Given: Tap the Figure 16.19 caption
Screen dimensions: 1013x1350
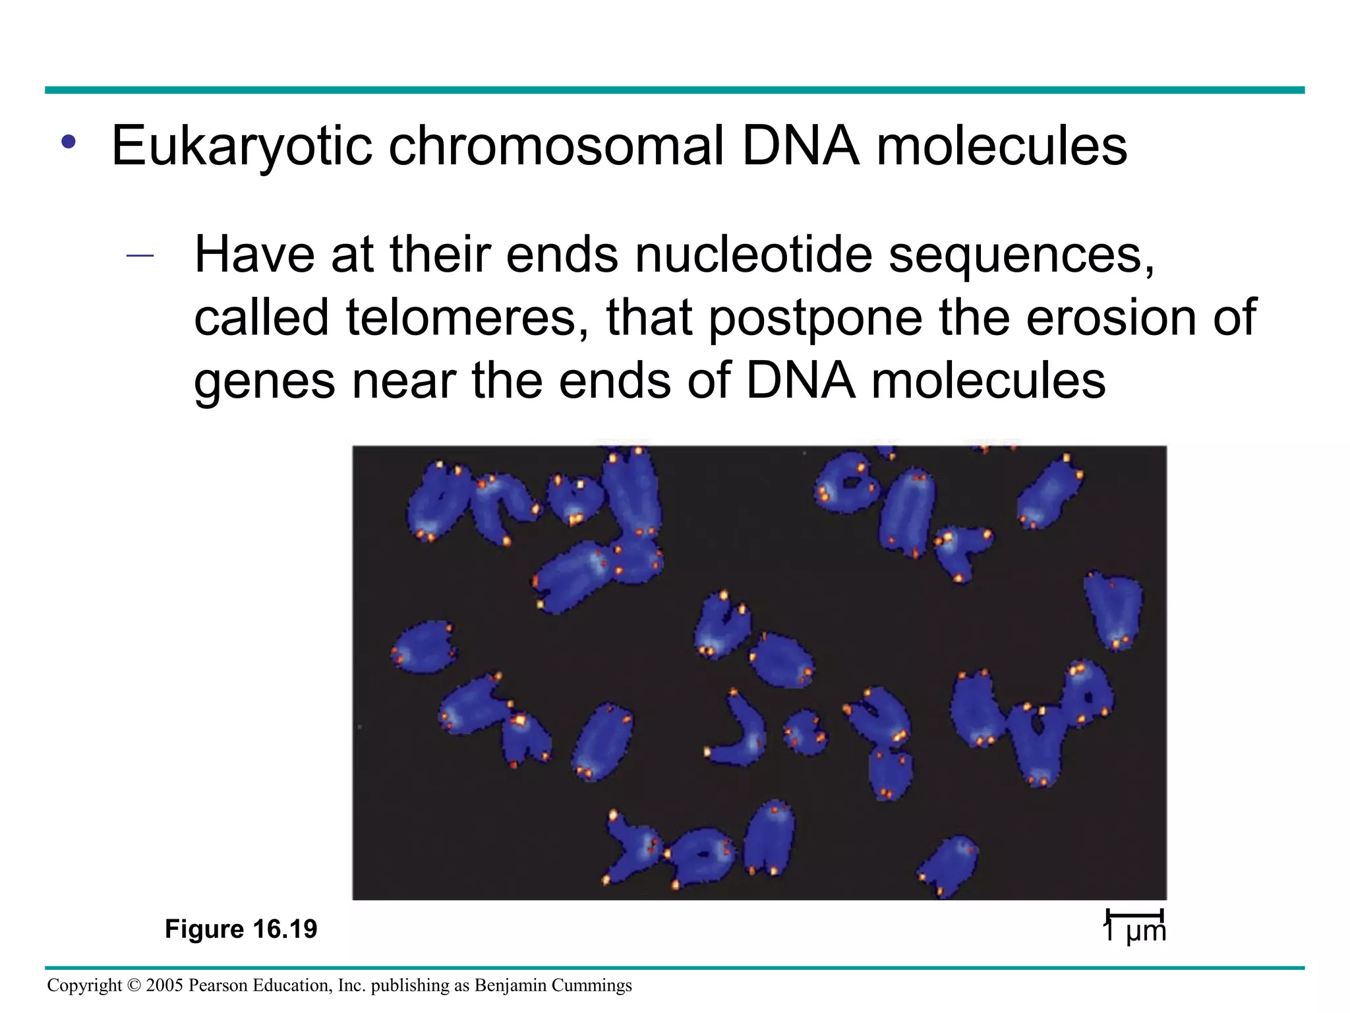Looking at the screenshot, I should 241,929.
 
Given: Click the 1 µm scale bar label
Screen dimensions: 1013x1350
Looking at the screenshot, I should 1134,931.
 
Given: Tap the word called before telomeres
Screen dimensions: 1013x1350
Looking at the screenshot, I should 261,318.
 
